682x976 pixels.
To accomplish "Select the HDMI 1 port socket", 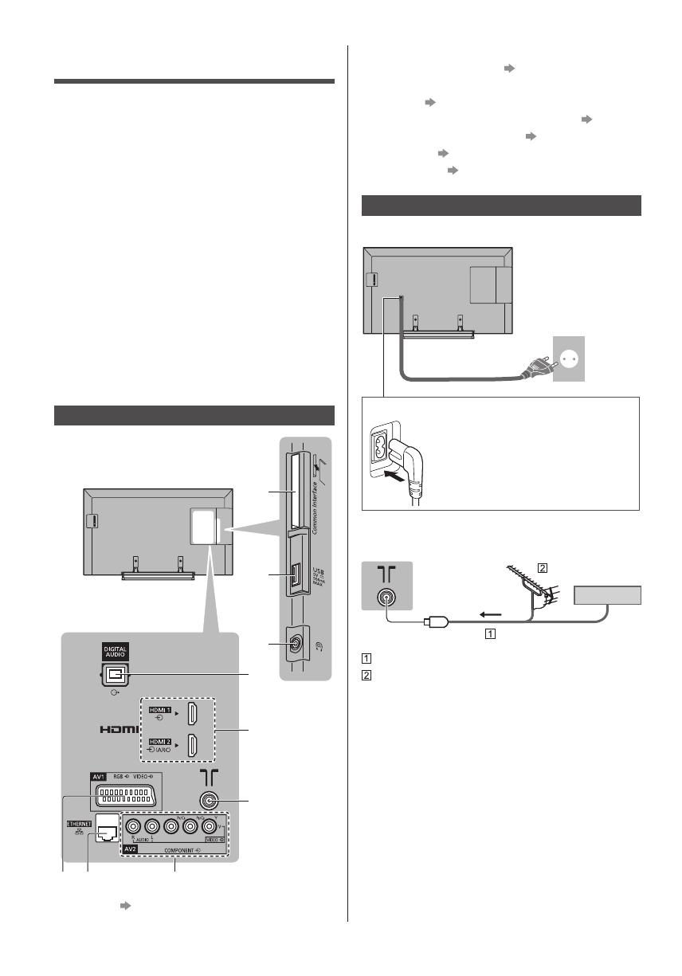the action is coord(192,713).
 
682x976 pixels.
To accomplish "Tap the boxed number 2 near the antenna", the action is coord(543,568).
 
